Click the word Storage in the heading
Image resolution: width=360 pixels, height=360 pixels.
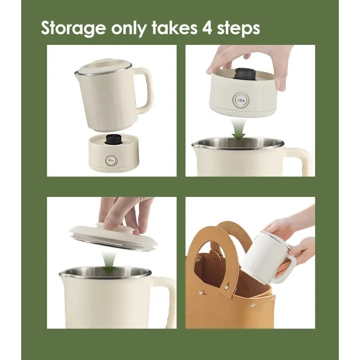(x=73, y=28)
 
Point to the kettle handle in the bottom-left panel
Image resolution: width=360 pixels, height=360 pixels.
(x=169, y=296)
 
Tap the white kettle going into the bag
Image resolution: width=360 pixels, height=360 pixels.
(x=263, y=254)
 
